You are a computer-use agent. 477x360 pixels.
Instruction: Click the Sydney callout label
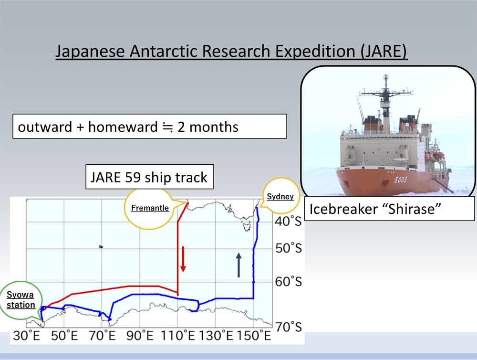[x=280, y=196]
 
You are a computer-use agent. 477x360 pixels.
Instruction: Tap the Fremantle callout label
[x=150, y=208]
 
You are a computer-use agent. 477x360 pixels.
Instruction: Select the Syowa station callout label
[x=21, y=300]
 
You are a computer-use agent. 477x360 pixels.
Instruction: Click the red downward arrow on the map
[x=183, y=259]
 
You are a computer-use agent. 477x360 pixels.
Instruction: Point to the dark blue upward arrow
[x=239, y=265]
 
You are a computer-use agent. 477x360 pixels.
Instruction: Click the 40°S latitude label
[x=288, y=221]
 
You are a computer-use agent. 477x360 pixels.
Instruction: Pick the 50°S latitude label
[x=289, y=248]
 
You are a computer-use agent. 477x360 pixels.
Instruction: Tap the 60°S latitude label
[x=289, y=282]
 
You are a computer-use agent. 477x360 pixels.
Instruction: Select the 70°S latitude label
[x=289, y=327]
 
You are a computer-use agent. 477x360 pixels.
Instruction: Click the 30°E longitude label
[x=26, y=336]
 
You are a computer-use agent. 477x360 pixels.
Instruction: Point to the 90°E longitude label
[x=140, y=336]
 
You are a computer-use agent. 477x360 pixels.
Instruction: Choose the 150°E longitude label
[x=253, y=336]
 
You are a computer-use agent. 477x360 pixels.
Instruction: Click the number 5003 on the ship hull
[x=400, y=180]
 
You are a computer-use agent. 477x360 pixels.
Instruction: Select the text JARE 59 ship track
[x=149, y=177]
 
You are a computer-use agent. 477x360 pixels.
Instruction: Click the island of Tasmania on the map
[x=246, y=226]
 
